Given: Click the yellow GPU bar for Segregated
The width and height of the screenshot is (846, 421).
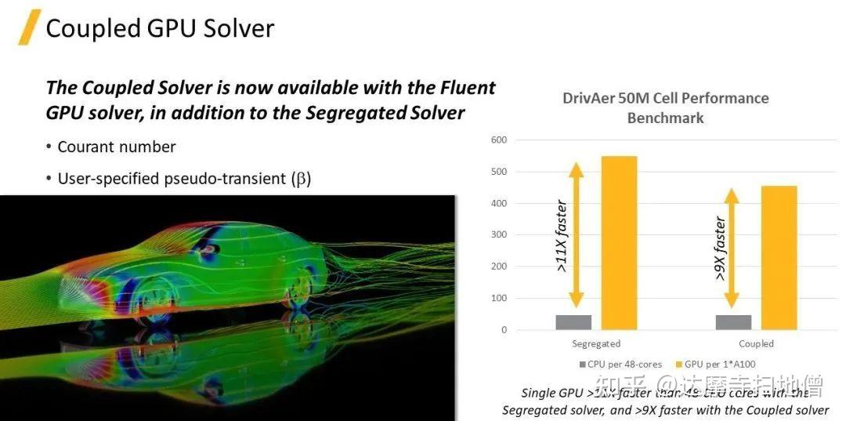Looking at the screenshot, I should click(x=619, y=243).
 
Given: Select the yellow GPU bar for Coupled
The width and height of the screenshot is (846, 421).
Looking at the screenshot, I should click(x=779, y=258).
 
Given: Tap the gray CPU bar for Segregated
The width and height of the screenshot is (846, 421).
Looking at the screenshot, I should click(x=573, y=322).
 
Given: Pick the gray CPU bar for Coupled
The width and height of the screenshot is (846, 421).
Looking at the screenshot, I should click(x=733, y=322).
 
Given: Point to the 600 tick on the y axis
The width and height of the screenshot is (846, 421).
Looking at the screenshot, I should click(x=499, y=140).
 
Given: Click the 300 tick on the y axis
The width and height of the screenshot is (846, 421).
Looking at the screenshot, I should click(x=499, y=234).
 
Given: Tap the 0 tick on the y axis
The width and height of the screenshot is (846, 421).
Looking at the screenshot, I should click(x=504, y=330).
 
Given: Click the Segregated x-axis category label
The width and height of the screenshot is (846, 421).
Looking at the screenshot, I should click(x=596, y=343).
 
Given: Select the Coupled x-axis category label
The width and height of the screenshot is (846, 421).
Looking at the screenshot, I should click(x=756, y=343).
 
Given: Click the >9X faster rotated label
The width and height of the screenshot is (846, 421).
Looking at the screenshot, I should click(x=720, y=249).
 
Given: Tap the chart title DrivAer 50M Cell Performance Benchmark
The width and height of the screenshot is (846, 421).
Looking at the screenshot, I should click(x=665, y=108).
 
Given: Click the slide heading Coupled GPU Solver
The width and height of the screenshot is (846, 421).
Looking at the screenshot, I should click(x=160, y=28).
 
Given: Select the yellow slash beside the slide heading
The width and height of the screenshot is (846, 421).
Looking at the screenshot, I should click(x=29, y=27).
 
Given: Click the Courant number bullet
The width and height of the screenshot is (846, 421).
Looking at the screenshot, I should click(x=117, y=147).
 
